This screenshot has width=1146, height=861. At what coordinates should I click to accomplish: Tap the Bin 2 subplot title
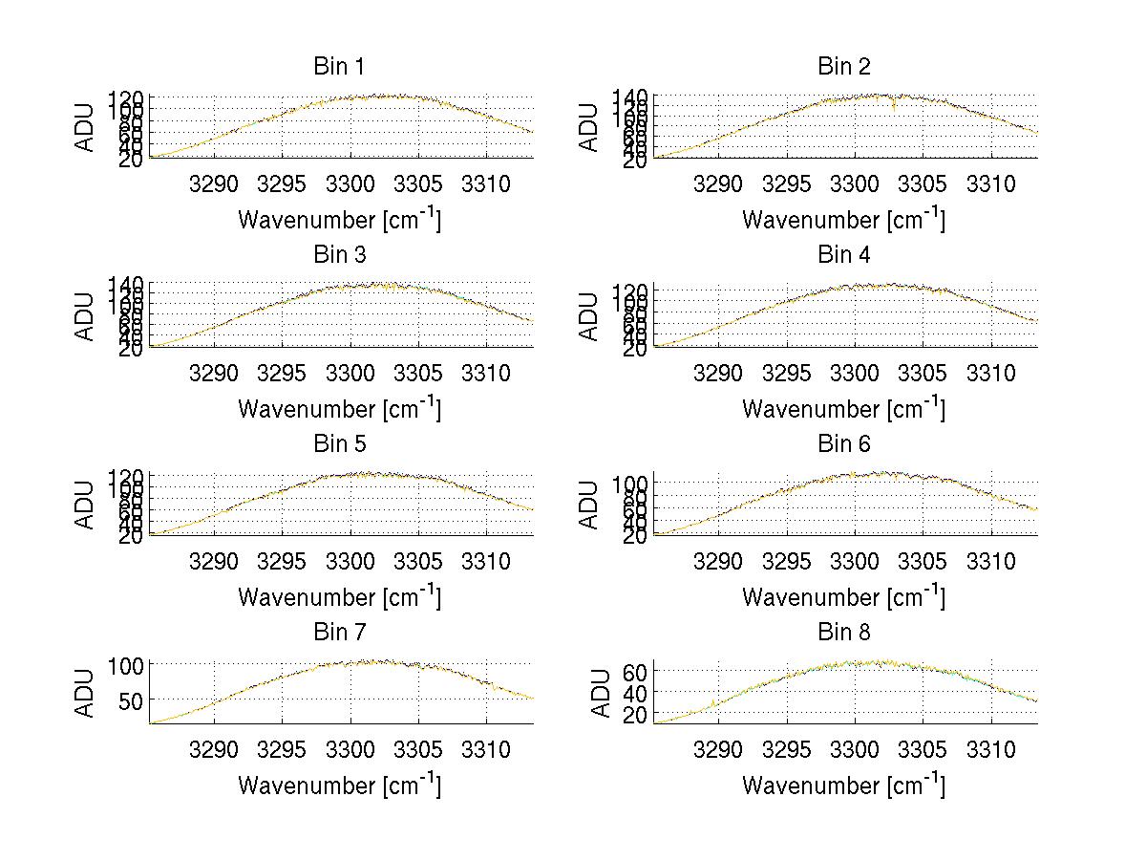pos(843,67)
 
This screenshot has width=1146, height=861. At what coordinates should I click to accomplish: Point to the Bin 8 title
pos(843,633)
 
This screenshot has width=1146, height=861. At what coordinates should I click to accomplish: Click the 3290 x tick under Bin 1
pos(215,183)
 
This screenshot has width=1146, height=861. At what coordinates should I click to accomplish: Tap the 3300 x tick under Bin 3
pos(350,372)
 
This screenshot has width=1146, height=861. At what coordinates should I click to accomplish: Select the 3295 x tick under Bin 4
pos(787,372)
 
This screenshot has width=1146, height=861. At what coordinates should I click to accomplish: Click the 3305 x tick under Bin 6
pos(923,561)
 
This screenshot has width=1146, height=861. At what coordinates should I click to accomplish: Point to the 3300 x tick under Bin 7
pos(350,749)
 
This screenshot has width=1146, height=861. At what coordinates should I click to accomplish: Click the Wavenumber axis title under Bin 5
pos(339,597)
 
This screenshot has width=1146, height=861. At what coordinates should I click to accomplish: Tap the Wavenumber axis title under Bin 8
pos(843,786)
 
